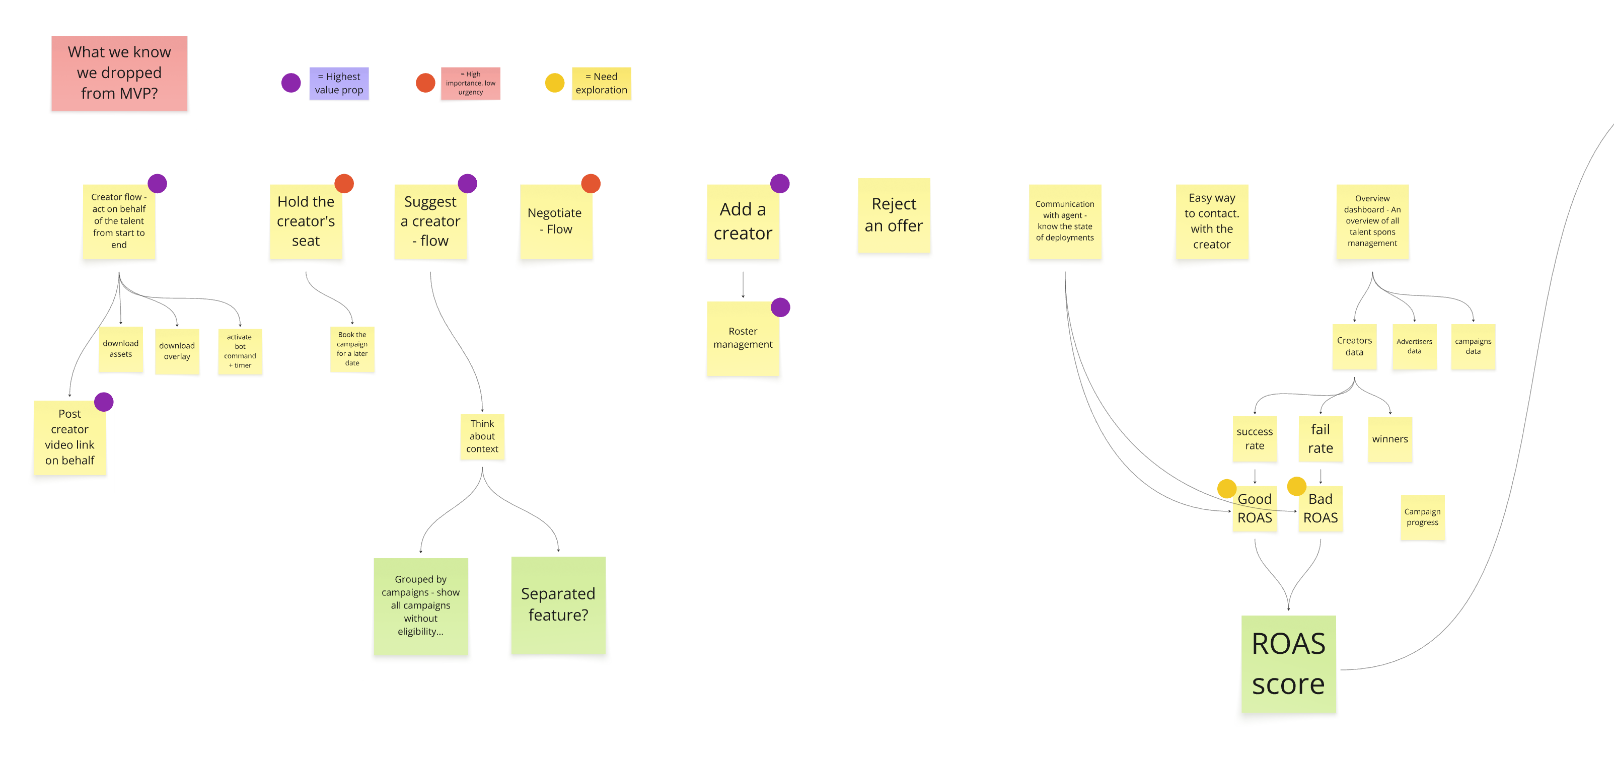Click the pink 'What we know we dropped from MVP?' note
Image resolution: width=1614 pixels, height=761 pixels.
pyautogui.click(x=119, y=73)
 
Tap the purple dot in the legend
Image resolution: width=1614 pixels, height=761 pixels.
pyautogui.click(x=290, y=83)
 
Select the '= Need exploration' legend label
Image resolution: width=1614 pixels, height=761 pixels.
pyautogui.click(x=601, y=84)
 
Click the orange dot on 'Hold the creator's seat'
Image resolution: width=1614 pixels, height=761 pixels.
pyautogui.click(x=344, y=184)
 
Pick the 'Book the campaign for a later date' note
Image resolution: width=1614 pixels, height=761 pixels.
pyautogui.click(x=352, y=349)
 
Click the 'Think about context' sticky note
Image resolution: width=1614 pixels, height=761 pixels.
pyautogui.click(x=482, y=436)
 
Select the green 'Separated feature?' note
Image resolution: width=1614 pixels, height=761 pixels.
pyautogui.click(x=558, y=604)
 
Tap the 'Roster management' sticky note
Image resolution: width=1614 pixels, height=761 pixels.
pyautogui.click(x=743, y=339)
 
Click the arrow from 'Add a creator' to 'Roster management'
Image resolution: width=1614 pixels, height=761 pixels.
pyautogui.click(x=743, y=285)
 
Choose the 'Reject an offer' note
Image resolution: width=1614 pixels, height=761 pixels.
pyautogui.click(x=894, y=215)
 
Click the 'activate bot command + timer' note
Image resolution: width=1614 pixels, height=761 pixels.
pyautogui.click(x=240, y=351)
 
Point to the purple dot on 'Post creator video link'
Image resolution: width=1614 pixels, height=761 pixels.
pyautogui.click(x=104, y=402)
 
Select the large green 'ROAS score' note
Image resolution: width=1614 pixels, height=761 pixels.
pyautogui.click(x=1288, y=663)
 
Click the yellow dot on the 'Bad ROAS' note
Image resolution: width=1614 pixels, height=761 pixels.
pyautogui.click(x=1296, y=486)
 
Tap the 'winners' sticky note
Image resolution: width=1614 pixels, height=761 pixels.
pyautogui.click(x=1389, y=439)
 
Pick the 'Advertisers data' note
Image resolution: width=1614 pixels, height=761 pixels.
pyautogui.click(x=1414, y=346)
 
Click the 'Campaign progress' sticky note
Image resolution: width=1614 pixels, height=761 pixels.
pyautogui.click(x=1422, y=517)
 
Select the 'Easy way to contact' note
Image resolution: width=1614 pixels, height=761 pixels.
pyautogui.click(x=1211, y=221)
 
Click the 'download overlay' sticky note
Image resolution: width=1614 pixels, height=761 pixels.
pyautogui.click(x=177, y=351)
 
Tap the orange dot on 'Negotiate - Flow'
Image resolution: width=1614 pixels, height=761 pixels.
pyautogui.click(x=591, y=184)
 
